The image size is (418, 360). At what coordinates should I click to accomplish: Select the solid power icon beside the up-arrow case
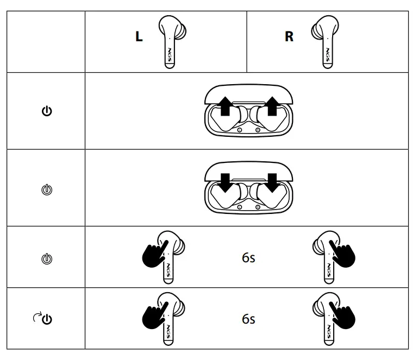pyautogui.click(x=47, y=111)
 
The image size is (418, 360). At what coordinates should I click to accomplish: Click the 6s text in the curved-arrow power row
pyautogui.click(x=248, y=319)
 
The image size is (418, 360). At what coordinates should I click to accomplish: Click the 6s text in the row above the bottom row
pyautogui.click(x=248, y=257)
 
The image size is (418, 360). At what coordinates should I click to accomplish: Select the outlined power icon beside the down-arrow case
pyautogui.click(x=47, y=190)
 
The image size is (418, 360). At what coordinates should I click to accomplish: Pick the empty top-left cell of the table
pyautogui.click(x=46, y=41)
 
